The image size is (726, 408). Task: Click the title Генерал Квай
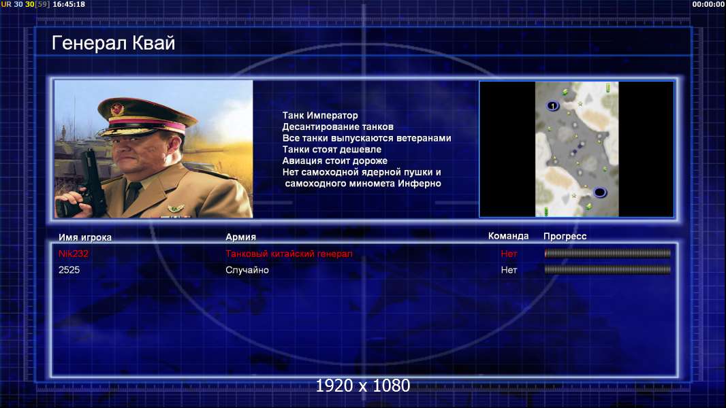(x=114, y=43)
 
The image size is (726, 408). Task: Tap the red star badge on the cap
(x=117, y=109)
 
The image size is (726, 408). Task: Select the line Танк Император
(x=320, y=116)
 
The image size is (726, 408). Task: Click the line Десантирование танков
(x=338, y=126)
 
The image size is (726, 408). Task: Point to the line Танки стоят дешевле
(x=332, y=149)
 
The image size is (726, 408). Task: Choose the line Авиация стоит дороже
(x=335, y=160)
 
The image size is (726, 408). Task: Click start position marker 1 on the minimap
(x=552, y=106)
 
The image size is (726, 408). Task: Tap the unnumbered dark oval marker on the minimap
(x=599, y=192)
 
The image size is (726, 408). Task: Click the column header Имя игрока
(x=84, y=237)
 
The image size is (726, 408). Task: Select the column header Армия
(x=241, y=237)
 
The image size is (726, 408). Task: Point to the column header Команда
(x=508, y=236)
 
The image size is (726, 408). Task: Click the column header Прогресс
(x=565, y=236)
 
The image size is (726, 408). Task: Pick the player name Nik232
(x=73, y=253)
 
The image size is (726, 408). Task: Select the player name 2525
(x=69, y=270)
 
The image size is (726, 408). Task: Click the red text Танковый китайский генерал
(x=289, y=253)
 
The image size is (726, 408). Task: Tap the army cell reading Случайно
(x=247, y=270)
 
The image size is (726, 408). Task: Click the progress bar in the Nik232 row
(x=607, y=253)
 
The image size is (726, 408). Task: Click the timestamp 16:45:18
(x=69, y=4)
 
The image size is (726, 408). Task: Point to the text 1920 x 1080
(x=363, y=386)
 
